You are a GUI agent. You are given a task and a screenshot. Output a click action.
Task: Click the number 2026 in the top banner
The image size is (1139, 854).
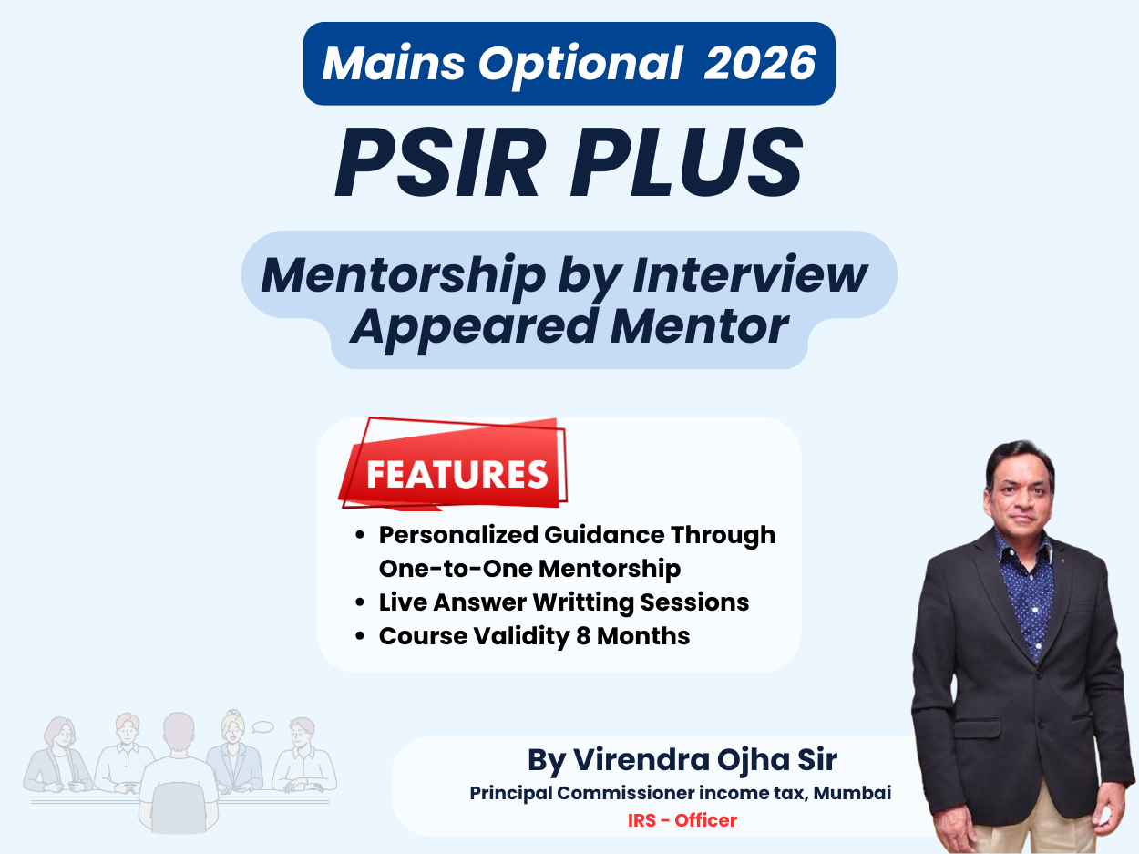(761, 63)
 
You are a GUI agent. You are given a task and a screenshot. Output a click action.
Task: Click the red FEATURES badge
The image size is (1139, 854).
(456, 474)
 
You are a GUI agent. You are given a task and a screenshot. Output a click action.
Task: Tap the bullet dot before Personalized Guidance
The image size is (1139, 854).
(361, 535)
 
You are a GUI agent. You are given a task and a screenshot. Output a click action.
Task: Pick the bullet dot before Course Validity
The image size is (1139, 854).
(361, 636)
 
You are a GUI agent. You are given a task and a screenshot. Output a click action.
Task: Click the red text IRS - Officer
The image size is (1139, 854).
(682, 820)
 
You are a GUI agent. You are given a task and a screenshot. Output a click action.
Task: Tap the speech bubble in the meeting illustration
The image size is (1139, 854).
(263, 726)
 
